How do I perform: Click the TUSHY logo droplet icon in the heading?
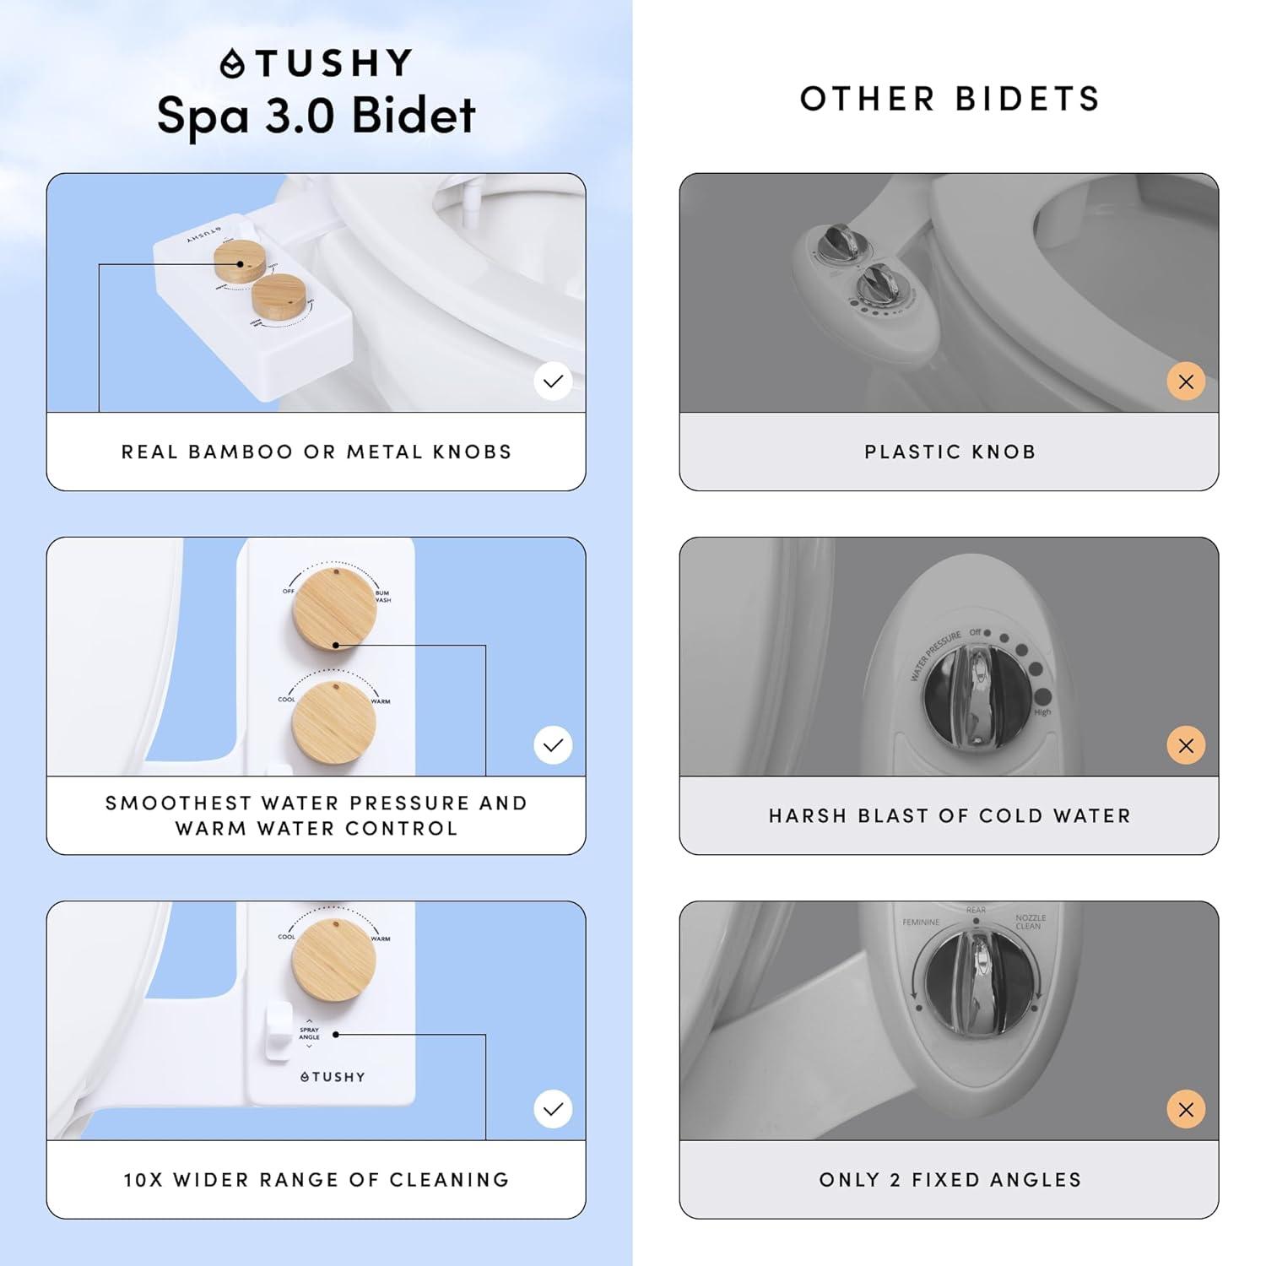tap(232, 64)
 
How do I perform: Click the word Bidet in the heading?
tap(413, 116)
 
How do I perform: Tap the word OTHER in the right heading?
tap(867, 99)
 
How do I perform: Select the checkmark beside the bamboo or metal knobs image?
tap(553, 381)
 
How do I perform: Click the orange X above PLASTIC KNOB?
tap(1186, 381)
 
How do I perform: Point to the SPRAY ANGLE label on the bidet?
tap(309, 1033)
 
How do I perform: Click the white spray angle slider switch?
tap(278, 1031)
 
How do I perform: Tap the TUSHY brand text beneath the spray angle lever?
tap(333, 1077)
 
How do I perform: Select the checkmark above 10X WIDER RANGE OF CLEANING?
tap(553, 1109)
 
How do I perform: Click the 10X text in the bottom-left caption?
tap(143, 1180)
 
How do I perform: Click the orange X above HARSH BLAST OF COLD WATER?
tap(1186, 745)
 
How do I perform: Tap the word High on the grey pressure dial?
tap(1043, 712)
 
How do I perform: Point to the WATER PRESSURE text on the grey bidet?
tap(934, 655)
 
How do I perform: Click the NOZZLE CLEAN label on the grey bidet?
tap(1031, 922)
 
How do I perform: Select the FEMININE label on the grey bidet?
tap(921, 922)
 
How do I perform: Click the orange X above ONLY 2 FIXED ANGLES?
tap(1186, 1109)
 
